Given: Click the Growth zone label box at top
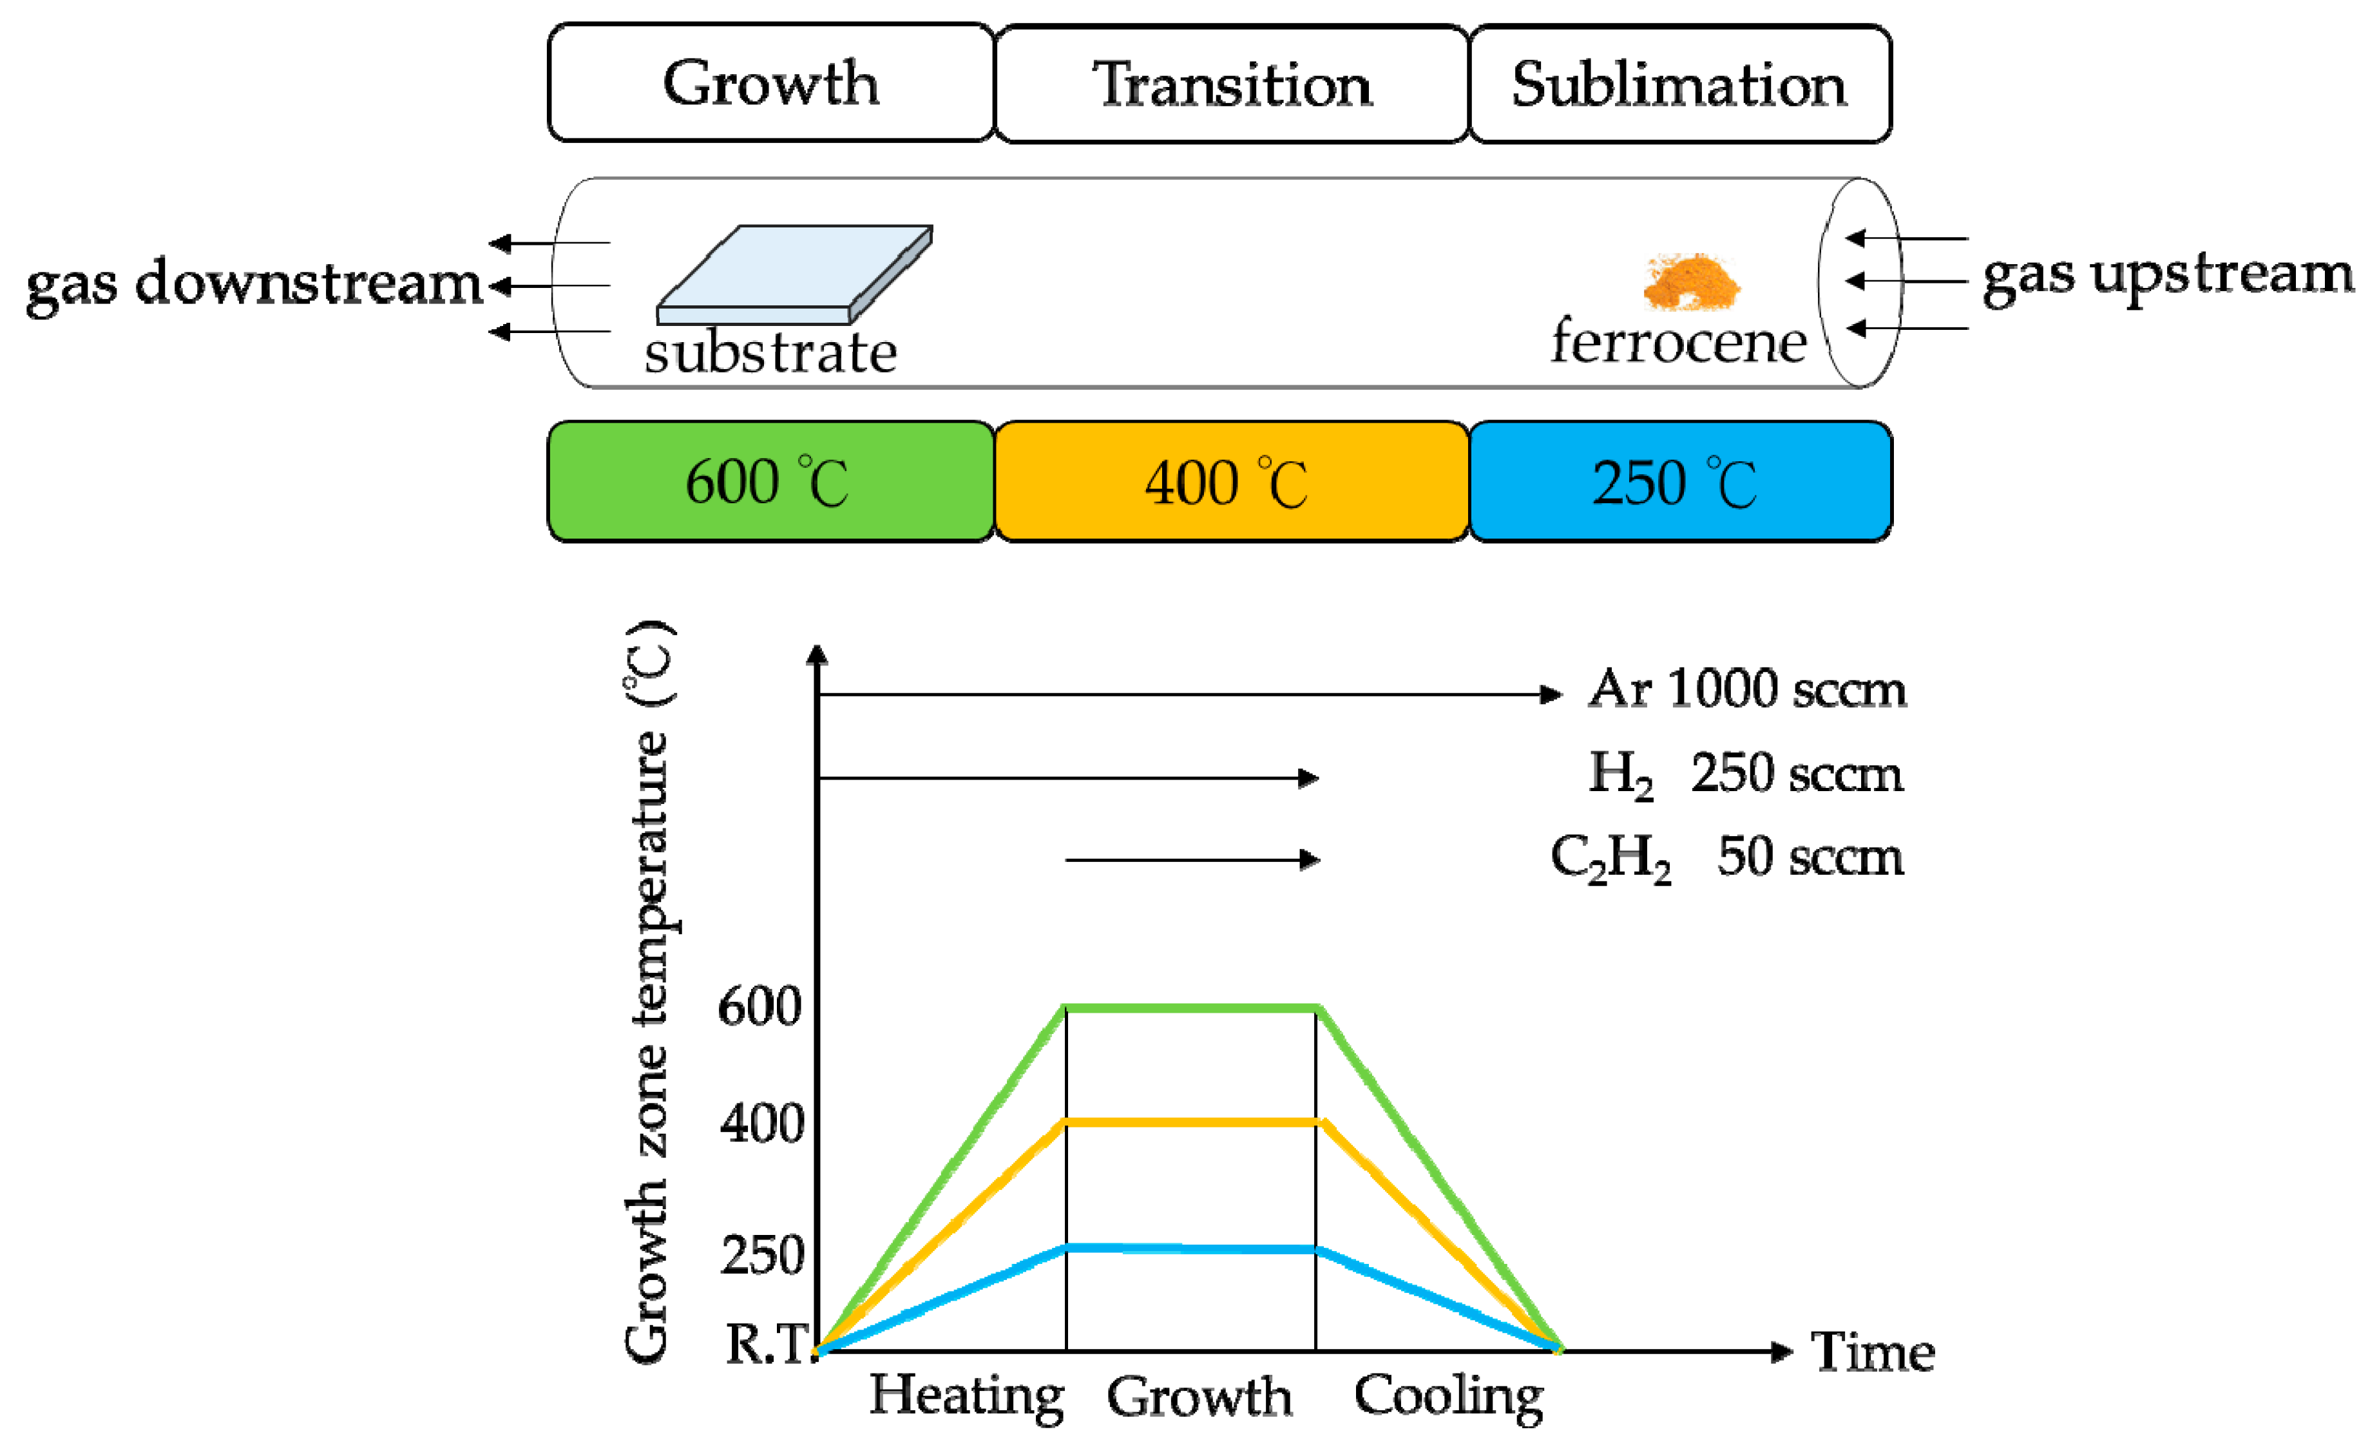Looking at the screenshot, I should [770, 83].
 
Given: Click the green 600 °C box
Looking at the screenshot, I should [770, 481].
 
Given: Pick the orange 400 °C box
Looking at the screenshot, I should [1231, 481].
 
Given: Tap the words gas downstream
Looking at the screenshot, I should [253, 284].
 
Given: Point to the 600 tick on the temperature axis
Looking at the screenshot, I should [759, 1007].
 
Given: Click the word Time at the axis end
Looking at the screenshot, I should [1871, 1351].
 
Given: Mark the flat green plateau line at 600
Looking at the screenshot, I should [1190, 1008].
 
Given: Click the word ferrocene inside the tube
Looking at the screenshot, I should [1678, 342].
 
